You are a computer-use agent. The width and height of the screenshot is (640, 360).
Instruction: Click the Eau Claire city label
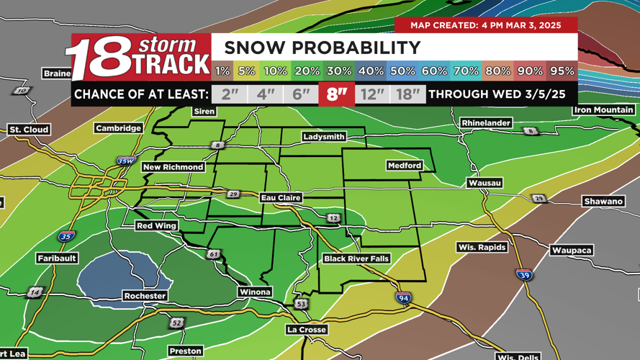[x=281, y=197]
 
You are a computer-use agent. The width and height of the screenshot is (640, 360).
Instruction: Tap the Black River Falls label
[x=356, y=258]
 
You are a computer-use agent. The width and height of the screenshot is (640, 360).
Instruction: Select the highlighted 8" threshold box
[x=337, y=94]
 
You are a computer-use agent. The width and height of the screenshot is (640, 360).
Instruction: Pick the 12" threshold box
[x=372, y=94]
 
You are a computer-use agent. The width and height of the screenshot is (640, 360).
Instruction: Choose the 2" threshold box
[x=230, y=94]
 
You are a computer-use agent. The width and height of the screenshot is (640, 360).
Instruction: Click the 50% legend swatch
[x=402, y=71]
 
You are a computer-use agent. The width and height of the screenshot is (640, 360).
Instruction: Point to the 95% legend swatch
[x=562, y=71]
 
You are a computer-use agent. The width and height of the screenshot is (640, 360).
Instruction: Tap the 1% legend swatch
[x=222, y=71]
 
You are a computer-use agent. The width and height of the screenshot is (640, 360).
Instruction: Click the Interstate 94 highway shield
[x=404, y=297]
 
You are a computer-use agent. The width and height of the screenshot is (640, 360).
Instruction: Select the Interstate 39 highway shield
[x=524, y=275]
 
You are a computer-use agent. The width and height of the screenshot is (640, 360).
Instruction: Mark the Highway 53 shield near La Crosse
[x=301, y=305]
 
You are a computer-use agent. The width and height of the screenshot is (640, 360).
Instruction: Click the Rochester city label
[x=145, y=295]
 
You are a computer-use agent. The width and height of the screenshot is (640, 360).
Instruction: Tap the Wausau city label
[x=484, y=183]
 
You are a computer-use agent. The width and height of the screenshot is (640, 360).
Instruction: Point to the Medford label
[x=405, y=166]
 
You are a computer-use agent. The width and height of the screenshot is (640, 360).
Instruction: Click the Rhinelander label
[x=486, y=123]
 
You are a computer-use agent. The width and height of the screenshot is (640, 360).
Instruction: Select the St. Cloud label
[x=29, y=130]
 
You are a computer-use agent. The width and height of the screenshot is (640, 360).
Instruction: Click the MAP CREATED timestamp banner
[x=486, y=25]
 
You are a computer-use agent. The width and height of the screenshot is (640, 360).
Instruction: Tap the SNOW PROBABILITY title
[x=322, y=48]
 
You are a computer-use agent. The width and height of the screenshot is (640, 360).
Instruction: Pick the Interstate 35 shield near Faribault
[x=66, y=236]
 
